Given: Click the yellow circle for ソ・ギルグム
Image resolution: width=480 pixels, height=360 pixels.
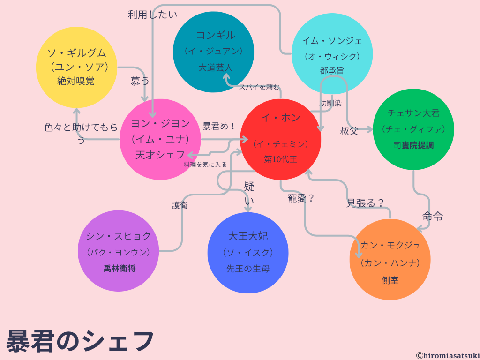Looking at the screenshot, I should pyautogui.click(x=76, y=67).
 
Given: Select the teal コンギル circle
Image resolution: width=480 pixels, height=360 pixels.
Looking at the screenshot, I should pyautogui.click(x=213, y=52).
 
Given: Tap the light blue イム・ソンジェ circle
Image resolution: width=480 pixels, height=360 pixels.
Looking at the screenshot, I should pyautogui.click(x=332, y=54).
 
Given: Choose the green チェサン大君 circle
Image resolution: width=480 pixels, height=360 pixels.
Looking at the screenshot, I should pyautogui.click(x=413, y=129).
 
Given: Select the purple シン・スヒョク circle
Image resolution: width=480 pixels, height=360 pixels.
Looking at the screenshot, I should pyautogui.click(x=118, y=251).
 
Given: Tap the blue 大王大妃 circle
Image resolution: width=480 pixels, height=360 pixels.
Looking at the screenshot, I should pyautogui.click(x=247, y=253).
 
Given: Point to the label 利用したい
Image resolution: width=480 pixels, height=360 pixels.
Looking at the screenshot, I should pyautogui.click(x=152, y=15).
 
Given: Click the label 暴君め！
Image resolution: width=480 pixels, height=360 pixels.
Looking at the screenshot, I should pyautogui.click(x=219, y=127).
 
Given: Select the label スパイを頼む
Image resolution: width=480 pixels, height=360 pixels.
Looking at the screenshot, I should pyautogui.click(x=259, y=87).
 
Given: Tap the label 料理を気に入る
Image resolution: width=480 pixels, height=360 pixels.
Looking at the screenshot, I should pyautogui.click(x=205, y=165).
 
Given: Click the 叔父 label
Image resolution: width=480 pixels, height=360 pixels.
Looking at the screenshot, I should pyautogui.click(x=349, y=131).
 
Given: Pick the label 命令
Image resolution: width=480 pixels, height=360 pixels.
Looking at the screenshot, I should pyautogui.click(x=432, y=217).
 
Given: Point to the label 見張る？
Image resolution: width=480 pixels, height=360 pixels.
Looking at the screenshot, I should pyautogui.click(x=366, y=203).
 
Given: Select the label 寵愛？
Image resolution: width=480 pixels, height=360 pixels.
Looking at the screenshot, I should pyautogui.click(x=301, y=198).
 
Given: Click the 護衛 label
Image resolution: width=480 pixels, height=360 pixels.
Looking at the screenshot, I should pyautogui.click(x=180, y=205).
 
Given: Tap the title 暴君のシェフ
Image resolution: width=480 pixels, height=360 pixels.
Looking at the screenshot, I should pyautogui.click(x=80, y=341).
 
